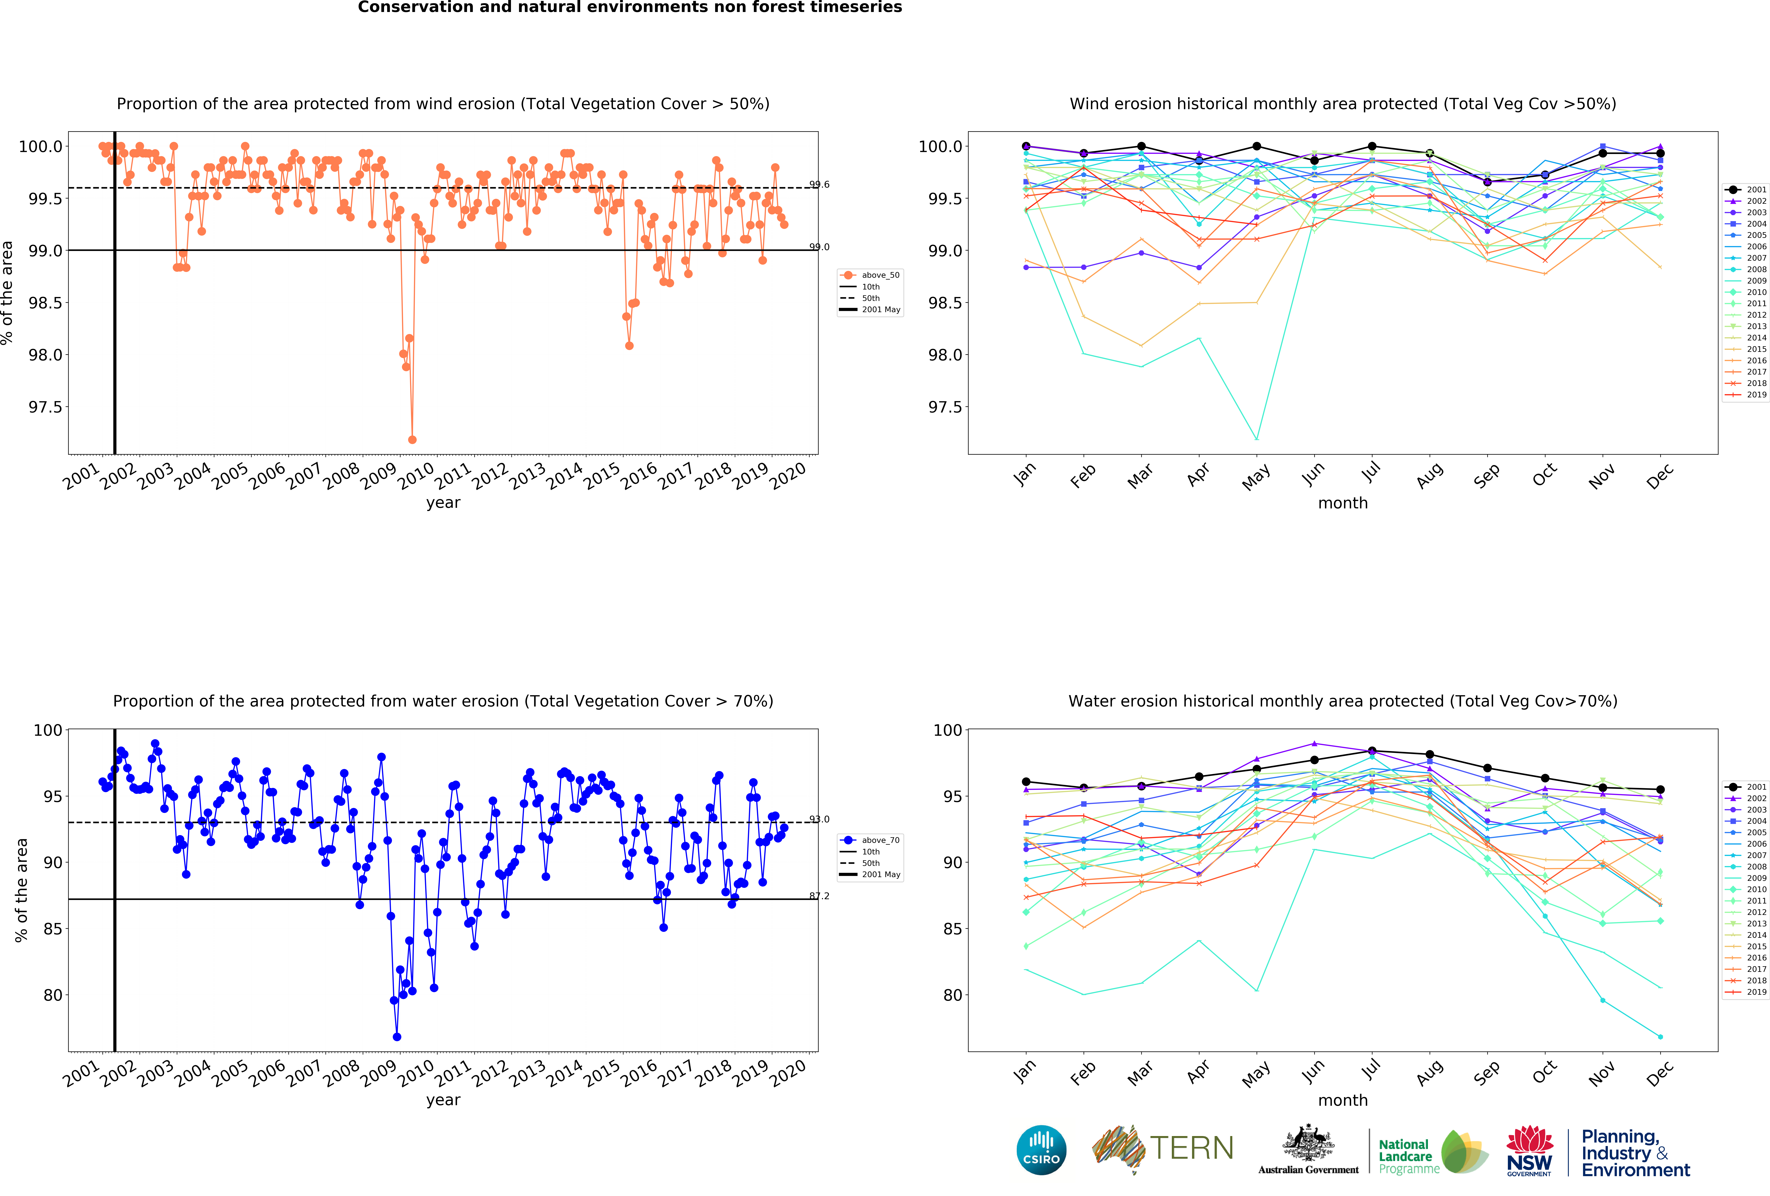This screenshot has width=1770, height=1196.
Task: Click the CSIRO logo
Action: click(1041, 1150)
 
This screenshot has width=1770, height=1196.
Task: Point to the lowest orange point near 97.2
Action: click(412, 439)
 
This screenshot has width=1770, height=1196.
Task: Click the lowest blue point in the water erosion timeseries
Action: click(397, 1037)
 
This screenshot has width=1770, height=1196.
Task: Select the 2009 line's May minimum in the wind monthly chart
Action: click(1257, 439)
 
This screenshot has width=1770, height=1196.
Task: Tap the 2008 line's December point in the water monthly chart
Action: click(1660, 1037)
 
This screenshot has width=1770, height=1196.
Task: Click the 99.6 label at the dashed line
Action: click(820, 184)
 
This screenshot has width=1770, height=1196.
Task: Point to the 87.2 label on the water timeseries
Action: click(820, 896)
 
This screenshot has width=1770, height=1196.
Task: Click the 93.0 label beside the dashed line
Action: click(820, 819)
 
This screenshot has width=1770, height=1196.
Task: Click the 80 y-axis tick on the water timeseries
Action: click(53, 995)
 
